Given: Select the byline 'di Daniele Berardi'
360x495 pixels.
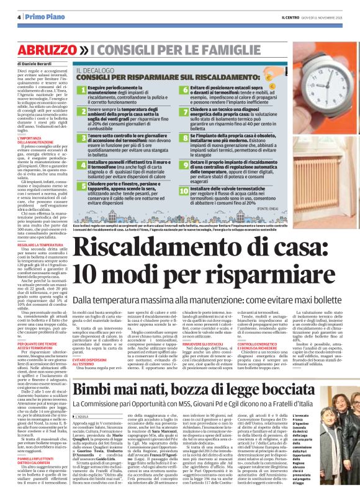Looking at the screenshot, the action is [33, 63].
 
